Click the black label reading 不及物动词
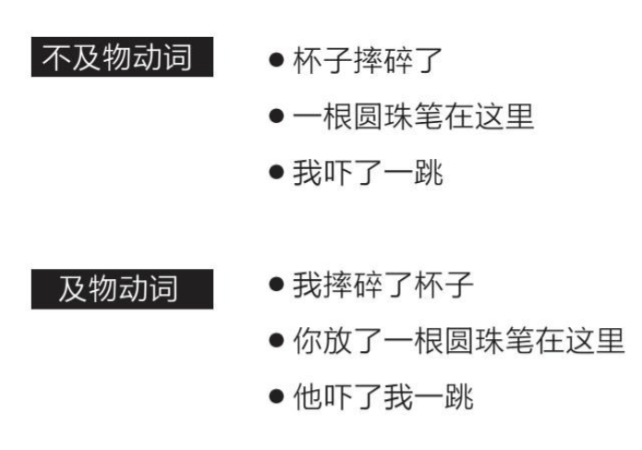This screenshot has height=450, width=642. (121, 59)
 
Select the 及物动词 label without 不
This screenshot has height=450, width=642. (121, 288)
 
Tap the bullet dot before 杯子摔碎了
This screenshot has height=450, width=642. (275, 61)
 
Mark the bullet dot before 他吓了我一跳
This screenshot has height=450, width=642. (275, 397)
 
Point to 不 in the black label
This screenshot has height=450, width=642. (59, 59)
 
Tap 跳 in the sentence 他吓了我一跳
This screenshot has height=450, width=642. (460, 397)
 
